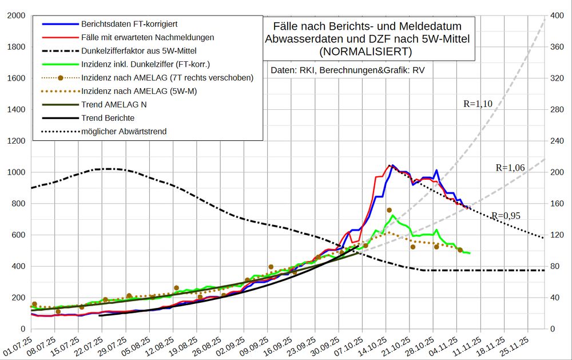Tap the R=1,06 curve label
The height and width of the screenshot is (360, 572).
point(510,168)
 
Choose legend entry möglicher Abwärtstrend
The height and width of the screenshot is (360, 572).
point(124,131)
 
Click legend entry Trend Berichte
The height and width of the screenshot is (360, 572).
point(108,118)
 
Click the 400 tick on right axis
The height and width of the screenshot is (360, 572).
point(556,15)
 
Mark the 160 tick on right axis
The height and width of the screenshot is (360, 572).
point(556,204)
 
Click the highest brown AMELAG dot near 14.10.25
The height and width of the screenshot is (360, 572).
point(390,211)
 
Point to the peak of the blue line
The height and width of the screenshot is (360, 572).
point(392,165)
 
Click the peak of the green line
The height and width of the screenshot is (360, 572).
point(392,216)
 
